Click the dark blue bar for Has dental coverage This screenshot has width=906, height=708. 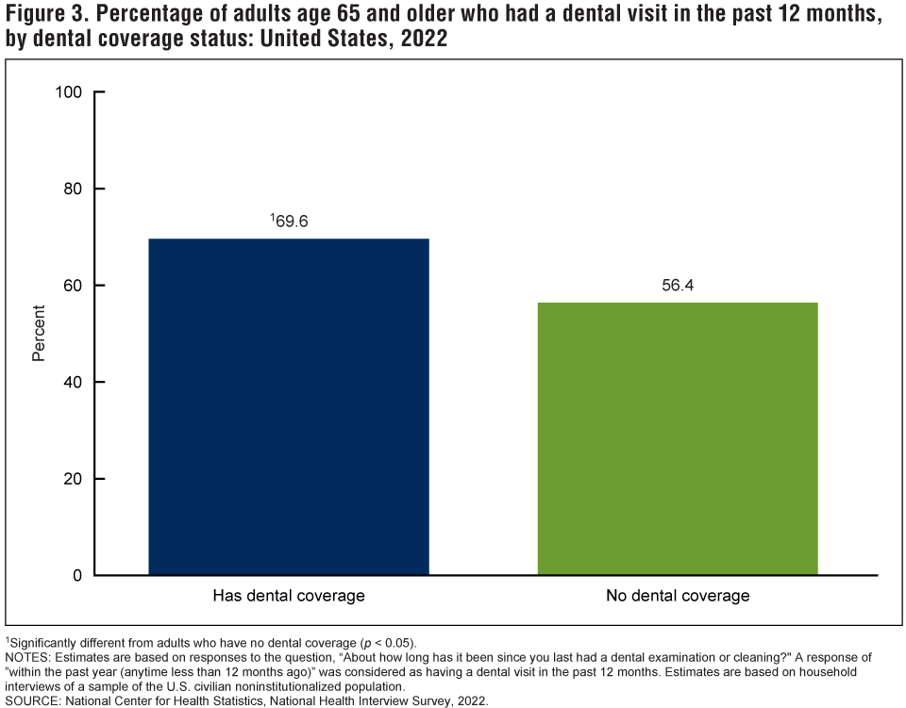point(289,406)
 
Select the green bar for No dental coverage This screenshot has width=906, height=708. point(677,438)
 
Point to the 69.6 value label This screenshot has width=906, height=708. point(293,222)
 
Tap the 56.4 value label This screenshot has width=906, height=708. point(678,286)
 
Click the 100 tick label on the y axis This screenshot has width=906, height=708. point(71,92)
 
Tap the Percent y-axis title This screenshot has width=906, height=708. point(39,334)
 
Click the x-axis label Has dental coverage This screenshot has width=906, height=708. point(289,596)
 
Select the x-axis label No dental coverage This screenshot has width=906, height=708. point(678,596)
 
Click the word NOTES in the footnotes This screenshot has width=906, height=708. point(26,656)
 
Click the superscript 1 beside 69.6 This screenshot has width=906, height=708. point(272,218)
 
